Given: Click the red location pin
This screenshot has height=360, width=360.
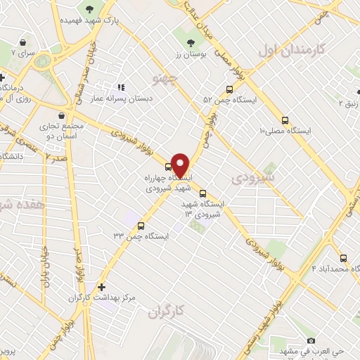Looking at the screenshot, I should point(180,165).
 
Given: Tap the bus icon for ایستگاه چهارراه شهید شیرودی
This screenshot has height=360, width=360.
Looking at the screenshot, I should point(167,167).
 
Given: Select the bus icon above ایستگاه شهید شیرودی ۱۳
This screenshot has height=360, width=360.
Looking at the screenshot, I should point(202,193).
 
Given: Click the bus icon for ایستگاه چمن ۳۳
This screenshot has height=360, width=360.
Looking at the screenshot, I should point(141,226).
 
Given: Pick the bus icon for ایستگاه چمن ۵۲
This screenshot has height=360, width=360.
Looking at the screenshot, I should point(229,89).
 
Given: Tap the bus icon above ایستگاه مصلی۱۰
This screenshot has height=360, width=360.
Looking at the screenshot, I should point(284,120).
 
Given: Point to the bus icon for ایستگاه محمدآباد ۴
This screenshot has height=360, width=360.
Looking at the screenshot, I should point(343,258).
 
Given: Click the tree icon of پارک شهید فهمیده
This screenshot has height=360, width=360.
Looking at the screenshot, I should point(89,9).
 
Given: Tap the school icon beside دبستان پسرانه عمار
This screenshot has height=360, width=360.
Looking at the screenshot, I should point(120,88).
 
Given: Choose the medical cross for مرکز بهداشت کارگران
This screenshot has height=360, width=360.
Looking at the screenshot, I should point(103,287).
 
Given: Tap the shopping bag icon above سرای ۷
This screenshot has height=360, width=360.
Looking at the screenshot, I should point(24,42).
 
